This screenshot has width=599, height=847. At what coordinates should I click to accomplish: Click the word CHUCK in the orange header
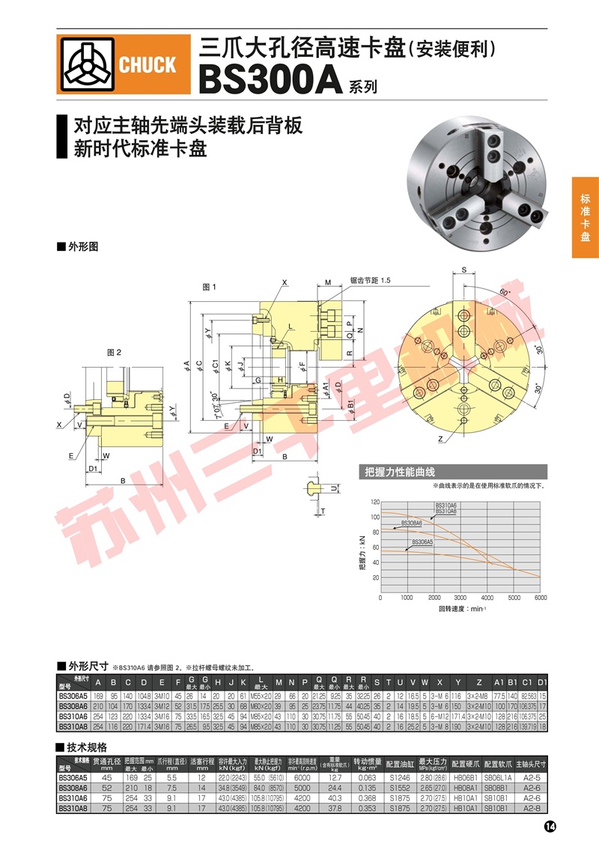click(148, 66)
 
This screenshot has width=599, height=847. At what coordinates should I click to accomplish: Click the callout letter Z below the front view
click(441, 438)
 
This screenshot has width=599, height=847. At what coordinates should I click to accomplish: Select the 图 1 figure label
click(209, 287)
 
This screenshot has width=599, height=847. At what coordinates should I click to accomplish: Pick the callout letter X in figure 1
click(285, 282)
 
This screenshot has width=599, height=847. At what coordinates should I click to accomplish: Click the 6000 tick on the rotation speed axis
click(539, 598)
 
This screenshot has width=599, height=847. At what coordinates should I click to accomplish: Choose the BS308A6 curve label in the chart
click(412, 523)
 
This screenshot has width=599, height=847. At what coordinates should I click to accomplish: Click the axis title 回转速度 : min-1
click(462, 609)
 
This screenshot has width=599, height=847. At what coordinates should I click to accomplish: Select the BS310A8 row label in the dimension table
click(73, 726)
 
